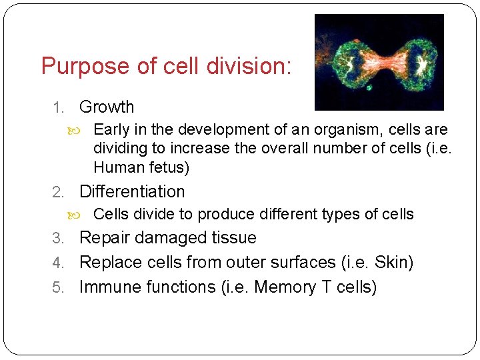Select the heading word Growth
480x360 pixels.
coord(107,107)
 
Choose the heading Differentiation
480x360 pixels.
coord(132,192)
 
